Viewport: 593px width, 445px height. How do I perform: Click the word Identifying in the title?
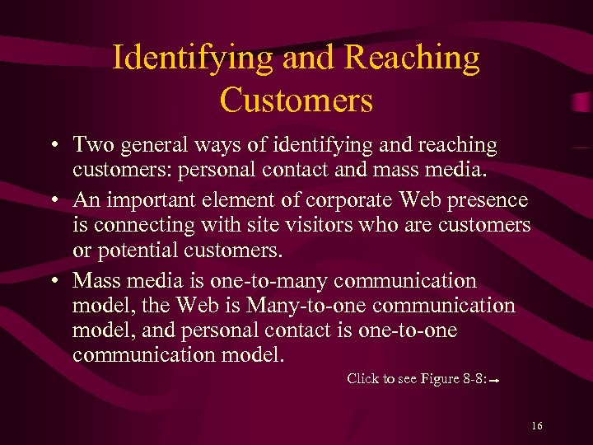192,59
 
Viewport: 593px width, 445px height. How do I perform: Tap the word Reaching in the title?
412,59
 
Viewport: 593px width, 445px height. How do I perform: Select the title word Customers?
296,101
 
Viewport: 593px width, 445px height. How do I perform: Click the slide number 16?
537,426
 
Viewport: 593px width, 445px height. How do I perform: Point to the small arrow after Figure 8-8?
497,381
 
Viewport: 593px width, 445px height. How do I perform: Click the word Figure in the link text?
440,379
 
